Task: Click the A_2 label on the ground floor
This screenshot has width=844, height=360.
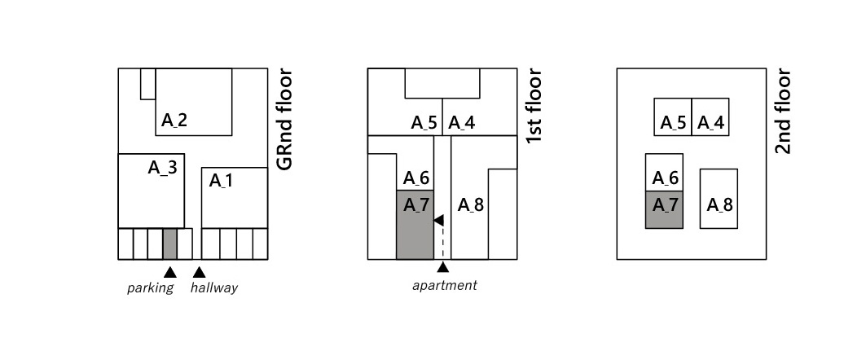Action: click(x=174, y=121)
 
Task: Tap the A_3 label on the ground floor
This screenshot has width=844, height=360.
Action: click(x=162, y=168)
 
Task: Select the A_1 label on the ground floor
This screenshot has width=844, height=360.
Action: click(x=222, y=180)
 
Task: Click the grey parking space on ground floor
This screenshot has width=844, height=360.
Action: click(x=169, y=244)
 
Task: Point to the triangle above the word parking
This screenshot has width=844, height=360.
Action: click(x=170, y=271)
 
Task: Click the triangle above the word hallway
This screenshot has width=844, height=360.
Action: click(x=198, y=271)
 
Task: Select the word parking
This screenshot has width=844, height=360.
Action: click(x=151, y=288)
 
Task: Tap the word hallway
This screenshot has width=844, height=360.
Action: click(x=214, y=288)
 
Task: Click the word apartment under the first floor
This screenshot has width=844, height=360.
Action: click(x=444, y=285)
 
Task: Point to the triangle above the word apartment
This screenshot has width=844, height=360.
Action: click(x=443, y=266)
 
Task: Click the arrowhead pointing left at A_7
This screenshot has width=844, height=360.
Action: click(x=438, y=220)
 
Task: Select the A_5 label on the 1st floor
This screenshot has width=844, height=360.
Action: click(x=424, y=123)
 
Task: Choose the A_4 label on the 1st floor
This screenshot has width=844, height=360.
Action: click(x=462, y=123)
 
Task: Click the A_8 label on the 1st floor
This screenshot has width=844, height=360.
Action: click(x=471, y=204)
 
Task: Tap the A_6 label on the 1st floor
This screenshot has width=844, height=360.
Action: click(x=416, y=178)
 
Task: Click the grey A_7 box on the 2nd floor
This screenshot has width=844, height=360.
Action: click(x=664, y=209)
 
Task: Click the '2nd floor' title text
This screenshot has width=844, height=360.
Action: click(x=783, y=112)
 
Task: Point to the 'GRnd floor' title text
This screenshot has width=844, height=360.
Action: click(x=284, y=120)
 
